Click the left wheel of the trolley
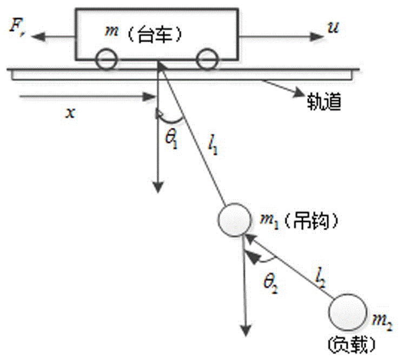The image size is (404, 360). (x=106, y=60)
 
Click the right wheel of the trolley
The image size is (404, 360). (x=206, y=60)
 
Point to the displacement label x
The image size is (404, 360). (x=69, y=113)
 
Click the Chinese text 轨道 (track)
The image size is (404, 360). (x=323, y=101)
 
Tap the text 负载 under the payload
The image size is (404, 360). (x=352, y=343)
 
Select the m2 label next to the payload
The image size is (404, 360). (x=385, y=323)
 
